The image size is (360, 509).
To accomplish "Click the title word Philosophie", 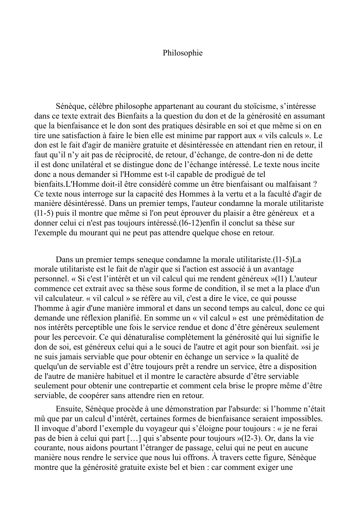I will coord(182,53).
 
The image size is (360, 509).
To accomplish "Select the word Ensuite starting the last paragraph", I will coord(68,409).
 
